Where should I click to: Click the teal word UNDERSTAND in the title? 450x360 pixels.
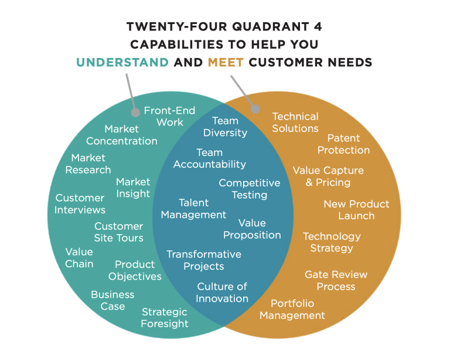[x=122, y=62]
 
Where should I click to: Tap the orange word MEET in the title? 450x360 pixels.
[x=226, y=62]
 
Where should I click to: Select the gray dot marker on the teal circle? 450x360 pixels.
[x=136, y=112]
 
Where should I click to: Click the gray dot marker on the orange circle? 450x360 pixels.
[x=255, y=108]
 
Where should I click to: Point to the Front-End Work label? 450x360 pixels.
[x=169, y=116]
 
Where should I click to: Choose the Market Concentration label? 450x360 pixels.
[x=122, y=135]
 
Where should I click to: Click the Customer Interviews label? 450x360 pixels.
[x=80, y=203]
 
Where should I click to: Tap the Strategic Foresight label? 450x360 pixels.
[x=165, y=318]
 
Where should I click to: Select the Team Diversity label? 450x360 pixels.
[x=225, y=127]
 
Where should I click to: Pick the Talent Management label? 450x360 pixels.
[x=193, y=209]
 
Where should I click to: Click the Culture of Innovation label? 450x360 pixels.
[x=222, y=292]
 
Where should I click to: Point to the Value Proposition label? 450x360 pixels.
[x=252, y=229]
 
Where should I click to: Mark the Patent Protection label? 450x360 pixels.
[x=343, y=144]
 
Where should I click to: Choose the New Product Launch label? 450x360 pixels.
[x=356, y=209]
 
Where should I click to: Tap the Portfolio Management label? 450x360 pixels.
[x=292, y=309]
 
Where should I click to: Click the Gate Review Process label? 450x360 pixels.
[x=336, y=280]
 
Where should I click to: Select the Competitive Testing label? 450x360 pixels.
[x=250, y=189]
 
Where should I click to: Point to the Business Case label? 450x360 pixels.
[x=112, y=300]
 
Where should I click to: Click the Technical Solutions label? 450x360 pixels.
[x=295, y=122]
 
